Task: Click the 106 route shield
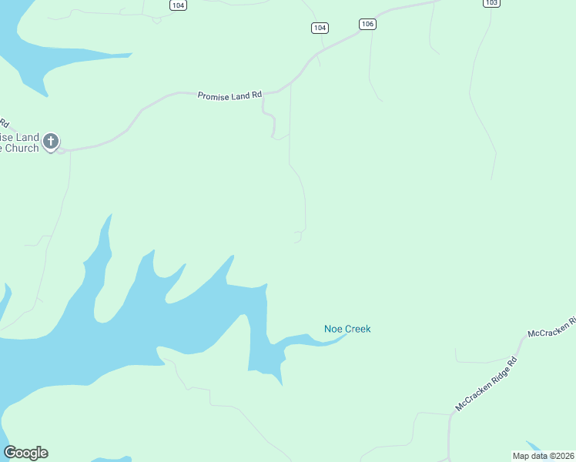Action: [367, 25]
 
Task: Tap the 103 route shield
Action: [492, 3]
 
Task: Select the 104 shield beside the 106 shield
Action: [320, 28]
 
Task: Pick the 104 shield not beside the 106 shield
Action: [179, 5]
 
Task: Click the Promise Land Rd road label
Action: [230, 95]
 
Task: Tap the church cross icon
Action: [51, 141]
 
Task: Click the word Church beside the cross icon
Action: [21, 148]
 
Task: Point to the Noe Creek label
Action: [347, 329]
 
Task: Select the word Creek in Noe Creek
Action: [357, 329]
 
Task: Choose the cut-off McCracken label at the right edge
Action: [551, 327]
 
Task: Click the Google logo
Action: [25, 453]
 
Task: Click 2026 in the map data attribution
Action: [564, 456]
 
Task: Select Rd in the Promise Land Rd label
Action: [257, 95]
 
